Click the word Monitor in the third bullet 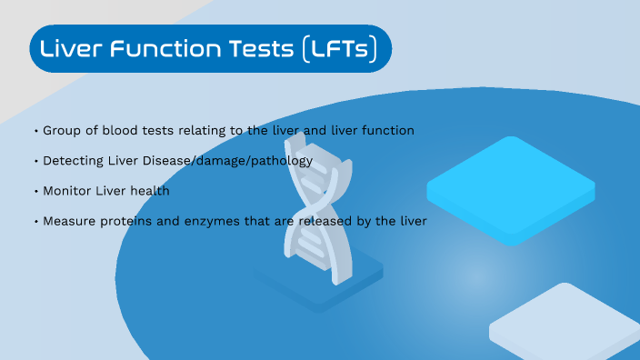(67, 191)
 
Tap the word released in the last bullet (340, 221)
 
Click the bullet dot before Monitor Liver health (35, 192)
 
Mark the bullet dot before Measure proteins (35, 222)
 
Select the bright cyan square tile (511, 187)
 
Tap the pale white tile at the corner (565, 324)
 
